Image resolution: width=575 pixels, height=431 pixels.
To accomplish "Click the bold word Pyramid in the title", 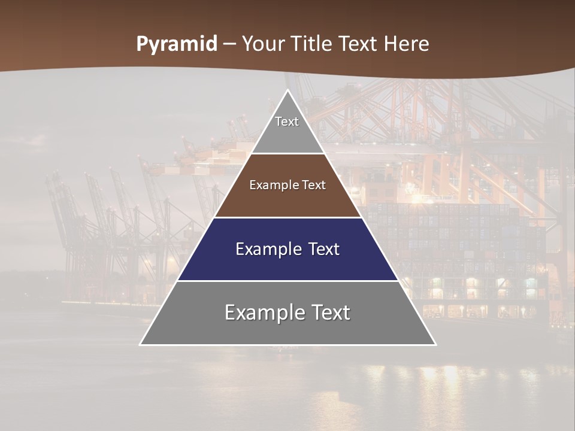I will (176, 44).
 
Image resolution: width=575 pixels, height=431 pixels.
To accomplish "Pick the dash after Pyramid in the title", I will (229, 44).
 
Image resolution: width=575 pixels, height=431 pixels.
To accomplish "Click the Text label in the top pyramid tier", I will (287, 122).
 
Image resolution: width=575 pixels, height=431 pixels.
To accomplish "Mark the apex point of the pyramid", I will (288, 90).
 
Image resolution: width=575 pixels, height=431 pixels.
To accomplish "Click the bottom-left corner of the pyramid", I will (141, 344).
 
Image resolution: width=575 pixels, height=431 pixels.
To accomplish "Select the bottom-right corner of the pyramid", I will (435, 344).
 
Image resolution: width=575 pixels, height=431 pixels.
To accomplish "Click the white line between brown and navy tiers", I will (288, 217).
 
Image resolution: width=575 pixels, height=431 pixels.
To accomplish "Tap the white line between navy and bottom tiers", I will (288, 281).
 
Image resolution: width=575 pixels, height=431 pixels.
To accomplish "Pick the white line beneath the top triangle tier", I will (288, 154).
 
